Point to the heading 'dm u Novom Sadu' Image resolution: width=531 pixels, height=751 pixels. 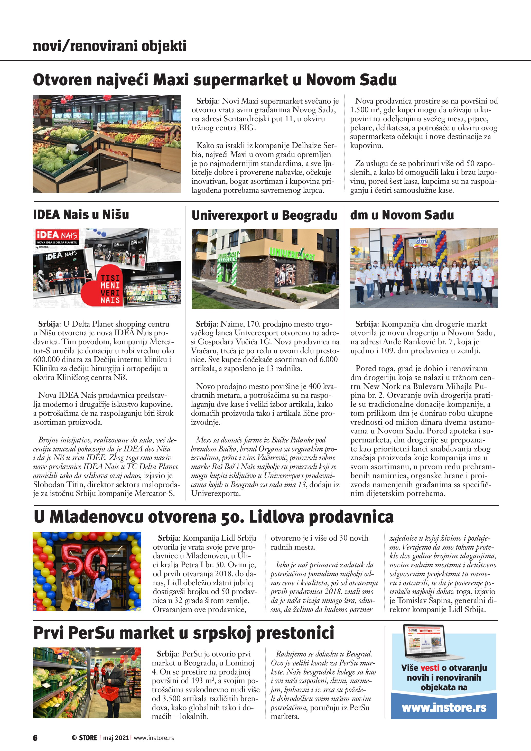402,215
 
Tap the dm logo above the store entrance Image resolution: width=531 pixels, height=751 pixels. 422,242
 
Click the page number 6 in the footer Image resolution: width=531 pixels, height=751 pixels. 35,738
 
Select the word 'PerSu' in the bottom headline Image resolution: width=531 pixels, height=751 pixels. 92,633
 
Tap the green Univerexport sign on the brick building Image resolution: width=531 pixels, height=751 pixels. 292,253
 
